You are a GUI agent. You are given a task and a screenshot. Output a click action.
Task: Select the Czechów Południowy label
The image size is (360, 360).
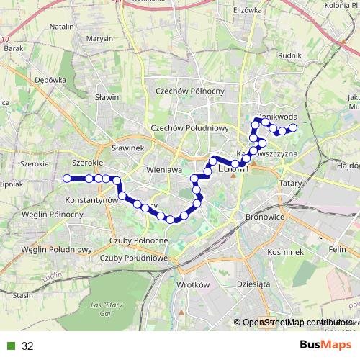(189, 127)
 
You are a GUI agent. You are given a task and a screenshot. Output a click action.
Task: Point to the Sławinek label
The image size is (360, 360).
(128, 147)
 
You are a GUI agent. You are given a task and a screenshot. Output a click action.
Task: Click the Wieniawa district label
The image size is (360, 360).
(162, 169)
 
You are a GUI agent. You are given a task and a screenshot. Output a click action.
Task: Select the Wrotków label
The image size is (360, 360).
(192, 284)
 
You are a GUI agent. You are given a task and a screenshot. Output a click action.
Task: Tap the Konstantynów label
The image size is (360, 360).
(91, 198)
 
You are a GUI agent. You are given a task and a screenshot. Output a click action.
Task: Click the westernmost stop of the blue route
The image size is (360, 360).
(67, 178)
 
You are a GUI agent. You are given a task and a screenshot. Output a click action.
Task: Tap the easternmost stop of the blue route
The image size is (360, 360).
(293, 128)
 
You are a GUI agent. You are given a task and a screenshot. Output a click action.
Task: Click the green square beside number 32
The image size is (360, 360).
(11, 346)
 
